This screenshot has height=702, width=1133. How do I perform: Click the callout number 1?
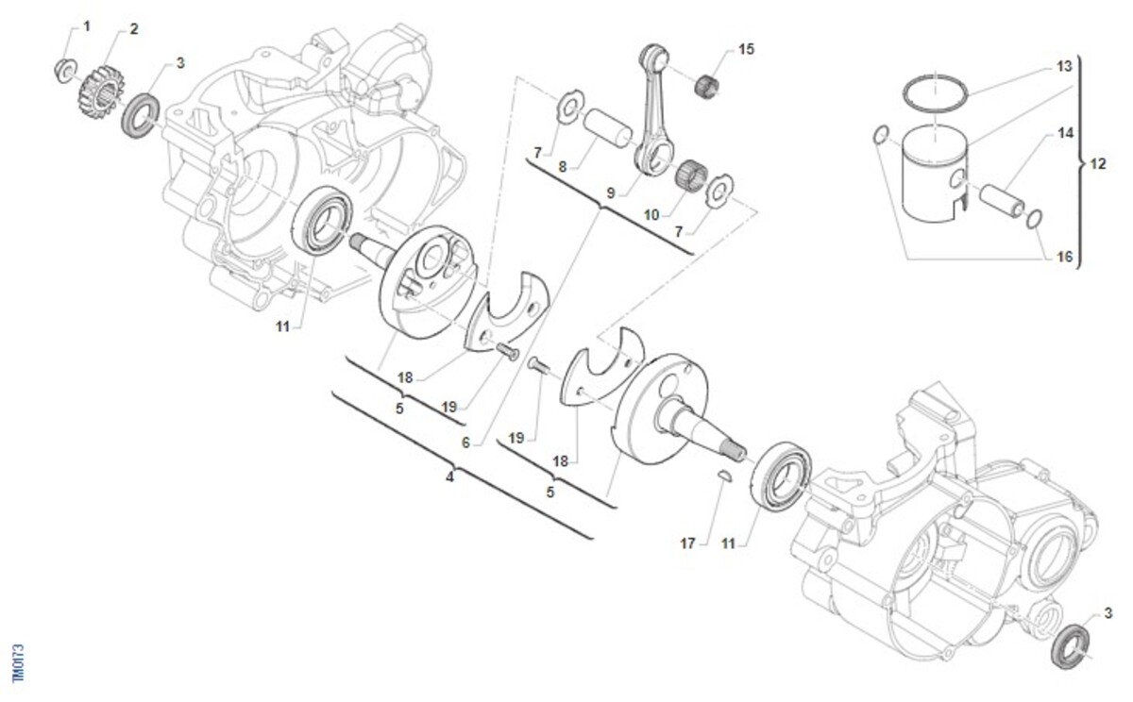[x=87, y=26]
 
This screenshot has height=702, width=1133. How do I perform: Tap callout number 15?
[x=747, y=49]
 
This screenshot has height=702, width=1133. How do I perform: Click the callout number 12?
[x=1098, y=163]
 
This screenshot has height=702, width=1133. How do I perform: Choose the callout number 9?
[x=611, y=192]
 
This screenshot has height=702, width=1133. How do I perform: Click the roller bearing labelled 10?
[x=693, y=176]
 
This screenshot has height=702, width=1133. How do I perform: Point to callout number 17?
[x=687, y=543]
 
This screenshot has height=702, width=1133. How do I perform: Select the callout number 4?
[x=450, y=477]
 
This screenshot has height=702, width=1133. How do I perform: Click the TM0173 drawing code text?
[x=18, y=663]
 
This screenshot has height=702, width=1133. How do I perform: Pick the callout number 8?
[x=562, y=166]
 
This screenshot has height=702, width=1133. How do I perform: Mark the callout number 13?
[x=1065, y=67]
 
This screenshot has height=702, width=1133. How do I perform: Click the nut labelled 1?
[x=64, y=69]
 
